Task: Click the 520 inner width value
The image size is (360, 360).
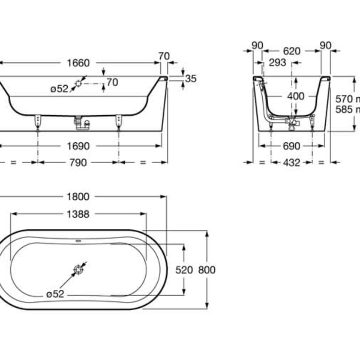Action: coord(185,270)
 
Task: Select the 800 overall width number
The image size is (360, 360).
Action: coord(207,270)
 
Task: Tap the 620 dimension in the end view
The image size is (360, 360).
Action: coord(291,51)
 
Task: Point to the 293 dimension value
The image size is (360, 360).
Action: coord(277,63)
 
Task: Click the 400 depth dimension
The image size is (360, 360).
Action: coord(296,96)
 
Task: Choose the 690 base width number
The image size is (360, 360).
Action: coord(291,146)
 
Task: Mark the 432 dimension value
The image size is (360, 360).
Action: coord(291,162)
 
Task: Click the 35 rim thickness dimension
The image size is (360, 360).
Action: coord(191,78)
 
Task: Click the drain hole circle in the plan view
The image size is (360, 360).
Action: coord(79,270)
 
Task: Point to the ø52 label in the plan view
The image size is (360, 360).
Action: coord(55,294)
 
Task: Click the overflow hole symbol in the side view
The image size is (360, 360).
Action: coord(79,84)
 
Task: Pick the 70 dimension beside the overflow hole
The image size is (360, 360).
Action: coord(112,82)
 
